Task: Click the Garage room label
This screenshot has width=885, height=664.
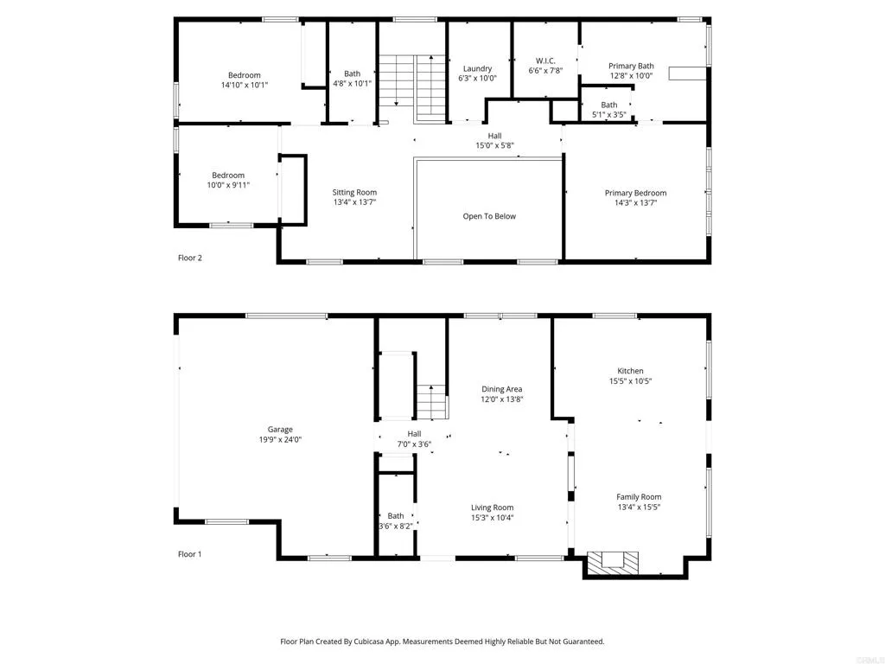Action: coord(279,430)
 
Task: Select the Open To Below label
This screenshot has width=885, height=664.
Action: coord(489,216)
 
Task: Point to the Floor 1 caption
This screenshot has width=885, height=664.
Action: coord(189,554)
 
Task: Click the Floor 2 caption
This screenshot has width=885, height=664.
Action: coord(189,258)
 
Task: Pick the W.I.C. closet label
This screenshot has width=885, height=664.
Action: coord(545,61)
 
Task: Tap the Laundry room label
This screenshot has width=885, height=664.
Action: coord(477,68)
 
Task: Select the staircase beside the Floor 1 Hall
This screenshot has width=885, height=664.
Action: coord(431,402)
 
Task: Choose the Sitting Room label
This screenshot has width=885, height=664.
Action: coord(354,192)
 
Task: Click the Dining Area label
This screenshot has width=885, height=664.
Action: coord(501,389)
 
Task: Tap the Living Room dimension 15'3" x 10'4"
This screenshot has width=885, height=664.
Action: coord(492,518)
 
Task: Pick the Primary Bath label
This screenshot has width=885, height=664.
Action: coord(631,66)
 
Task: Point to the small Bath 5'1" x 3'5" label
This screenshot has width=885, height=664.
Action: coord(609,105)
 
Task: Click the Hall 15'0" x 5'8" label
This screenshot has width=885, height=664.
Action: coord(494,136)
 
